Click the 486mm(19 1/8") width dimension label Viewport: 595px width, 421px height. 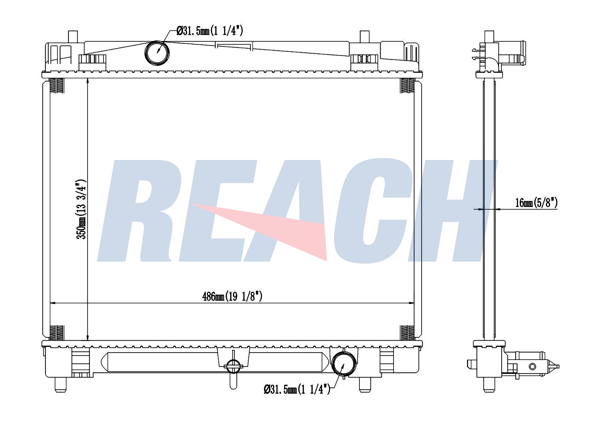point(232,297)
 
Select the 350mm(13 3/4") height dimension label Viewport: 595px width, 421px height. point(81,209)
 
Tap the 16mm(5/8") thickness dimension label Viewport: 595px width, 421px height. point(536,203)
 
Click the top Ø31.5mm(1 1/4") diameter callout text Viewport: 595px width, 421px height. point(210,31)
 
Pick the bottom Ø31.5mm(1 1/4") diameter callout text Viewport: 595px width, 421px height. point(297,389)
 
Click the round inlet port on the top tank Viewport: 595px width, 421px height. point(157,53)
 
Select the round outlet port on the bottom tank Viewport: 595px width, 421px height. point(344,364)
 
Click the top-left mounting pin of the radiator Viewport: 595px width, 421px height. point(73,37)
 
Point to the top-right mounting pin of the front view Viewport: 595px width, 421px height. point(364,37)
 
